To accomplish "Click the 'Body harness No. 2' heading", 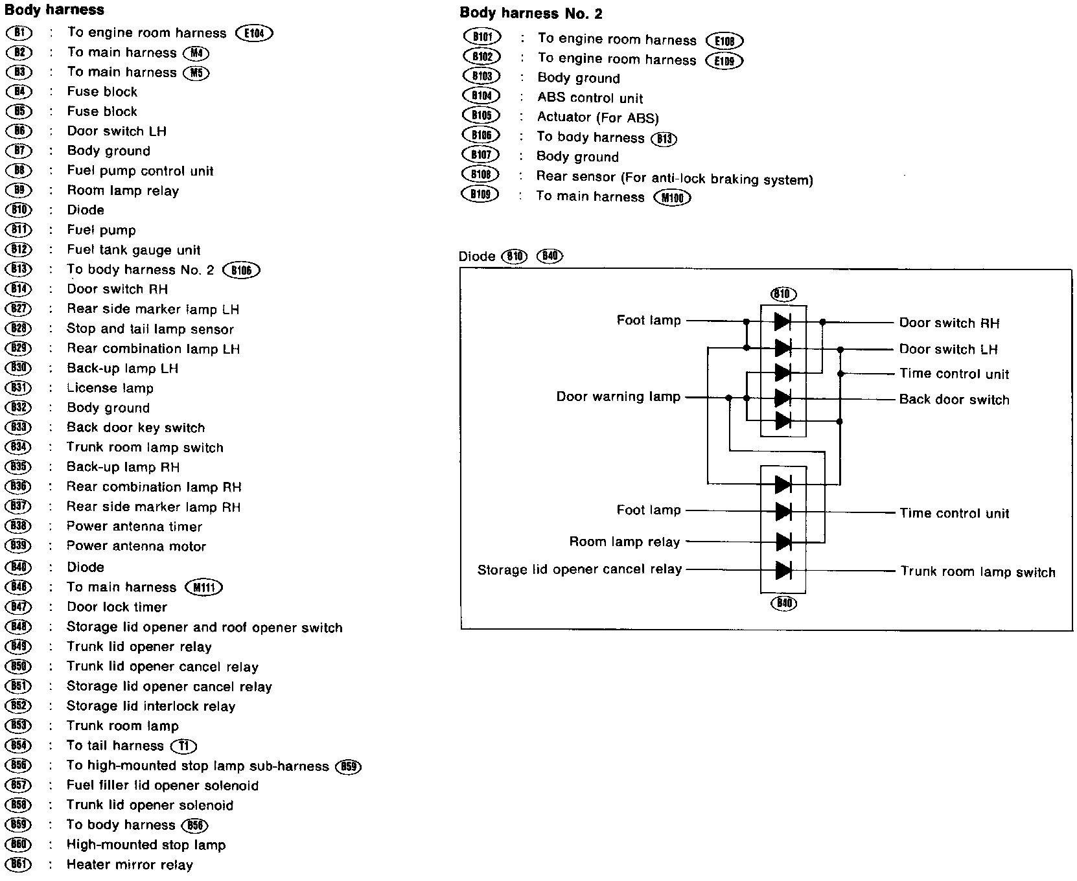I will tap(531, 13).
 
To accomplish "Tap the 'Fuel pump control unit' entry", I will tap(140, 171).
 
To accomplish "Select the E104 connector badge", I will tap(255, 33).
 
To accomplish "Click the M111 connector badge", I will tap(203, 588).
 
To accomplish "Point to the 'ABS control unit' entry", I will tap(590, 98).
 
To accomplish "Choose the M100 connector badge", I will tap(673, 198).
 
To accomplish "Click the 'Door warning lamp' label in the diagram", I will tap(618, 396).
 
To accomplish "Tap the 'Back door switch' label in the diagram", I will tap(954, 400).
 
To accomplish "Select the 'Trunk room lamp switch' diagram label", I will tap(977, 572).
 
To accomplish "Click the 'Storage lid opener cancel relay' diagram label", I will tap(579, 569).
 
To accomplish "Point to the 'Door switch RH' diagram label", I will tap(949, 323).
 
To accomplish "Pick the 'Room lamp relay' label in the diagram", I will tap(624, 542).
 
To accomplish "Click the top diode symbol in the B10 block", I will tap(783, 321).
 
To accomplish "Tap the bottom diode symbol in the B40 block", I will tap(783, 571).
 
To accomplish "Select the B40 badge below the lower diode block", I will tap(783, 604).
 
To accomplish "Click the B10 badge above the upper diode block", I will tap(783, 294).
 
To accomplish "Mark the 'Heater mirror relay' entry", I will tap(130, 865).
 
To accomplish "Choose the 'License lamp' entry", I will tap(110, 388).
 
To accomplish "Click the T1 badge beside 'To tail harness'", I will tap(183, 746).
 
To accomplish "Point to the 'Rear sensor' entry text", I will tap(674, 178).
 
